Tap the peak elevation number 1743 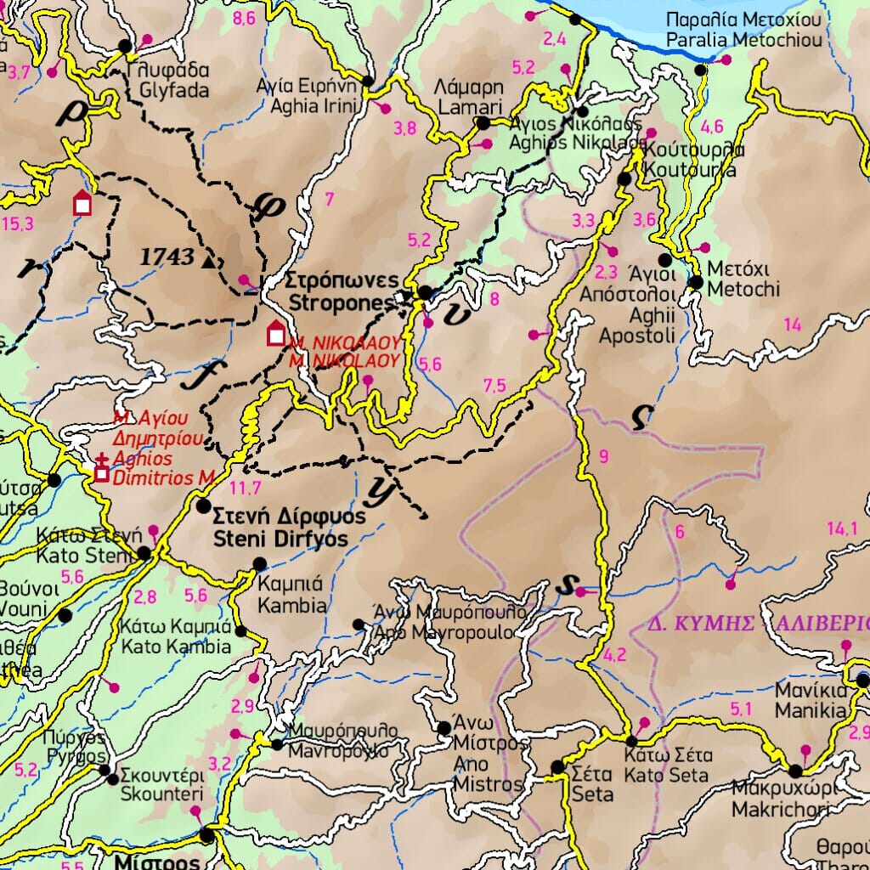pyautogui.click(x=167, y=257)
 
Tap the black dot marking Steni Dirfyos pyautogui.click(x=203, y=506)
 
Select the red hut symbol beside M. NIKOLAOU pyautogui.click(x=275, y=334)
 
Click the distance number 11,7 pyautogui.click(x=245, y=488)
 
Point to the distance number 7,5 pyautogui.click(x=494, y=387)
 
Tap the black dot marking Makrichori pyautogui.click(x=795, y=771)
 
